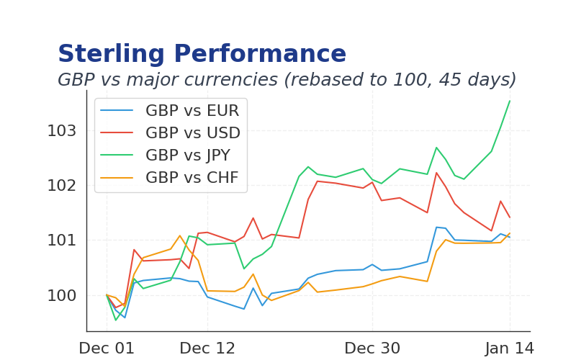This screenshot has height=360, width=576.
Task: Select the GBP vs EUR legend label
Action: tap(192, 111)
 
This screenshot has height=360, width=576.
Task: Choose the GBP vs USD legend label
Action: tap(192, 133)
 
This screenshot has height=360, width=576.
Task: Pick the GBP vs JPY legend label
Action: tap(188, 156)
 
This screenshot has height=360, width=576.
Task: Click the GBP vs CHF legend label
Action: tap(192, 178)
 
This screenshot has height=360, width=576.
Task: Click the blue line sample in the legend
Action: tap(117, 111)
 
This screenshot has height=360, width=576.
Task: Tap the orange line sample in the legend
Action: tap(117, 178)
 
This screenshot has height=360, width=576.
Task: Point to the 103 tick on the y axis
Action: tap(61, 131)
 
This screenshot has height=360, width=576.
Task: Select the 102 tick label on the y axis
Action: tap(61, 186)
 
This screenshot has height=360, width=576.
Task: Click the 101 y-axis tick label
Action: tap(61, 240)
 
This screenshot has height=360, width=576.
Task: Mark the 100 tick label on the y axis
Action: tap(61, 295)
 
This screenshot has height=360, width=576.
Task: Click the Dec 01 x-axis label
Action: tap(107, 348)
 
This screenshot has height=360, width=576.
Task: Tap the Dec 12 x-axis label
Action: tap(207, 348)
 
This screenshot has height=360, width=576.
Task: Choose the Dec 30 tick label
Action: tap(372, 348)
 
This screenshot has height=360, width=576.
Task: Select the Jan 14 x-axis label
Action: tap(510, 348)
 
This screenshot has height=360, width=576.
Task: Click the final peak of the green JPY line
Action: tap(510, 101)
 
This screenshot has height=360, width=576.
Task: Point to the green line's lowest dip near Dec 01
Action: tap(116, 320)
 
